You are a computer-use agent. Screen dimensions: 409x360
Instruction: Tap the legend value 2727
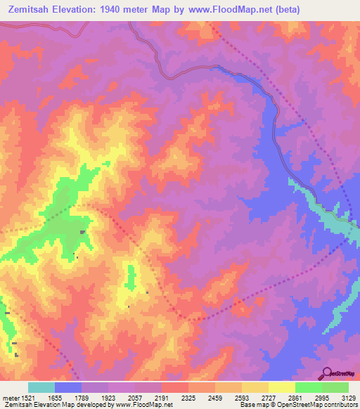click(x=268, y=397)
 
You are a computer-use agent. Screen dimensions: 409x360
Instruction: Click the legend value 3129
click(x=347, y=397)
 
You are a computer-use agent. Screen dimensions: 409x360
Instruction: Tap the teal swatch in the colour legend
click(x=41, y=387)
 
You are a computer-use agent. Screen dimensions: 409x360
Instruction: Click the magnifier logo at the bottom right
click(x=327, y=372)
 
